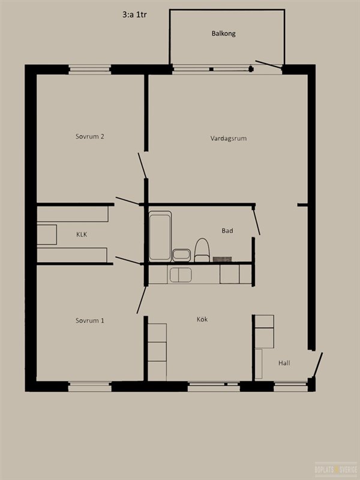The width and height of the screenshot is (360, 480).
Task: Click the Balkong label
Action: pos(223,34)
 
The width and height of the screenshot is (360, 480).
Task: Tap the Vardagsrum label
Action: pos(229,139)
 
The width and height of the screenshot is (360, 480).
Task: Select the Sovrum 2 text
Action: pos(89,137)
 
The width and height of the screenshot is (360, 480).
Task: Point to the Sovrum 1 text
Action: pos(89,320)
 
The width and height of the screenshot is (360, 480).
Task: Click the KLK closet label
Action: pos(82,235)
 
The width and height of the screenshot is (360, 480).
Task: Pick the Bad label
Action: pos(227,230)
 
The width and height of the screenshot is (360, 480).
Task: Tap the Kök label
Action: pos(202,319)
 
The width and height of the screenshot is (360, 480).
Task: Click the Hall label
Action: pos(284,364)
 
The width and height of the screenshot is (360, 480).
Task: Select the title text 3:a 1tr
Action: pos(134,14)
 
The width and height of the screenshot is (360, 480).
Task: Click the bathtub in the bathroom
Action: pos(160,236)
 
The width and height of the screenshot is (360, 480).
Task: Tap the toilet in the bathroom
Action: pos(202,250)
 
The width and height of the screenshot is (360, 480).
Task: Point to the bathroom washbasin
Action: pos(182,256)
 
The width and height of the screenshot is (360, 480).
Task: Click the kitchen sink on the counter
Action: pos(181,275)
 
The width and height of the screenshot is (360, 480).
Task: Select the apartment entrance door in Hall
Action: pos(317,365)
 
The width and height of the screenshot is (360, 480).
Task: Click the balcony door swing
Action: pos(268,64)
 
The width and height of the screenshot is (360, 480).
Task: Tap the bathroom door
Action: pos(256,221)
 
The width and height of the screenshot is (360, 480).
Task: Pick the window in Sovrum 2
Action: pos(89,70)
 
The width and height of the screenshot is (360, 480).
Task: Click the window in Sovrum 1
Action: pos(89,386)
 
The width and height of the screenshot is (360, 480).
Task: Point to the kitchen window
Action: pos(214,386)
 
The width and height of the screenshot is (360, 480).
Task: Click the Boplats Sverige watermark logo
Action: pos(336,469)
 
